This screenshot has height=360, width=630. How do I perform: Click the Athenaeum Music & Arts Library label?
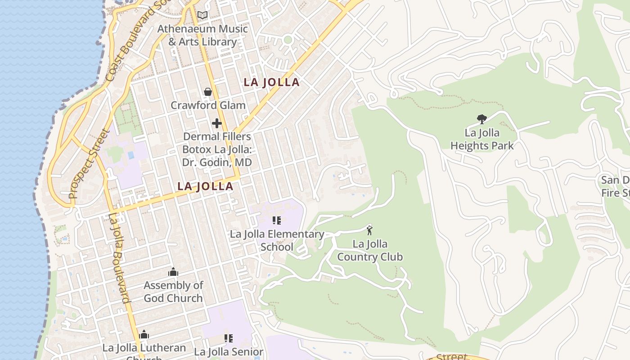(x=202, y=35)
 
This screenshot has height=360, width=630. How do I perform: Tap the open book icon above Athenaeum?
(x=202, y=15)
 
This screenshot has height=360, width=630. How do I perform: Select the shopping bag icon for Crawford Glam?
(x=208, y=92)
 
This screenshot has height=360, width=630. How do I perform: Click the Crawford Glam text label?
(x=208, y=105)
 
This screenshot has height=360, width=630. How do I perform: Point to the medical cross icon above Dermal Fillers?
(x=217, y=123)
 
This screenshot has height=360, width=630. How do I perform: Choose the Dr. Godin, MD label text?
(x=217, y=162)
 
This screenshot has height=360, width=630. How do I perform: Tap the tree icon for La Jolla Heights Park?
(x=482, y=119)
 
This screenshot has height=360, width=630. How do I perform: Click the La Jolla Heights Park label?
(x=482, y=139)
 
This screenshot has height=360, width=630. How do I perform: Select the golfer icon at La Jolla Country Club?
(x=369, y=230)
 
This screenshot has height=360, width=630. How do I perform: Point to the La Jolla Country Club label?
(x=369, y=250)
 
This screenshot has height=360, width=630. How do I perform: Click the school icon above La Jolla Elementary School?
(x=277, y=220)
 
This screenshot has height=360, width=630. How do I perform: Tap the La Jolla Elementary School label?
(x=277, y=240)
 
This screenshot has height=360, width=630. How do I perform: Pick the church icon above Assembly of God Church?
(x=173, y=272)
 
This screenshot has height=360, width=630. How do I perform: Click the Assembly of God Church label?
(x=173, y=292)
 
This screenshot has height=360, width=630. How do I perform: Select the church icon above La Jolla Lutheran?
(x=144, y=334)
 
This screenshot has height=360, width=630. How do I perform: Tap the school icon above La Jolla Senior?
(x=229, y=338)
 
